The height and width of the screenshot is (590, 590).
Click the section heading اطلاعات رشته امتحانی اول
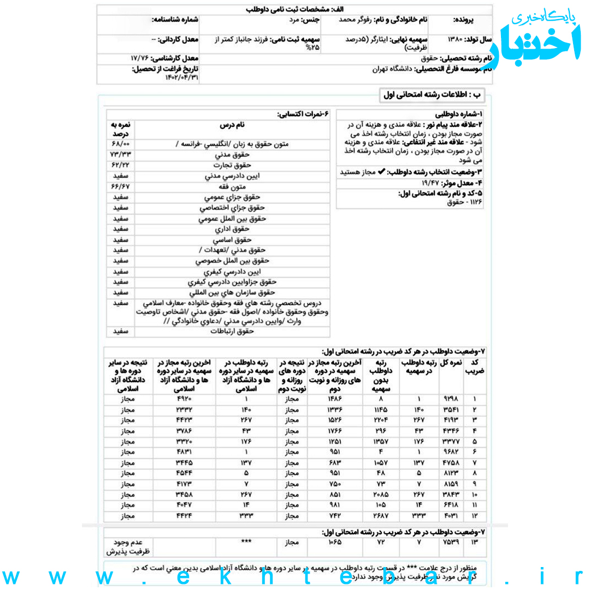432,95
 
